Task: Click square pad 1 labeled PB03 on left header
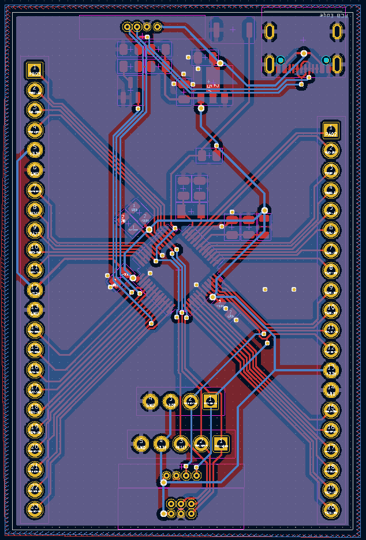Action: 35,70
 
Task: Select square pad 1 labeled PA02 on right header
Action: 331,130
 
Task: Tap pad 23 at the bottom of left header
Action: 35,509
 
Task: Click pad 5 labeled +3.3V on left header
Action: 35,150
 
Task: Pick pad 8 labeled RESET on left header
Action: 35,210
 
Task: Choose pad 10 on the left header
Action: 35,249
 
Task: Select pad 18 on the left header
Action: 35,409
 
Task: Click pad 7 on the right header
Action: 331,249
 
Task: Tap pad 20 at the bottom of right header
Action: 331,509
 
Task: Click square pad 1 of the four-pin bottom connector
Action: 210,401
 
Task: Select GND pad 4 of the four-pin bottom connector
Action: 150,401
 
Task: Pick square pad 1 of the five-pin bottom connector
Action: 221,444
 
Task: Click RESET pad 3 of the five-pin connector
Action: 181,444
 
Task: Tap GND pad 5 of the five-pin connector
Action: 141,444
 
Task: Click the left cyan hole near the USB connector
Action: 281,60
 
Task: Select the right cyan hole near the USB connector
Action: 326,60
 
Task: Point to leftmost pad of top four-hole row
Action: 127,27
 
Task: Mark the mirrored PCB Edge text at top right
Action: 334,16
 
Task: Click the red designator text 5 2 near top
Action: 212,86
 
